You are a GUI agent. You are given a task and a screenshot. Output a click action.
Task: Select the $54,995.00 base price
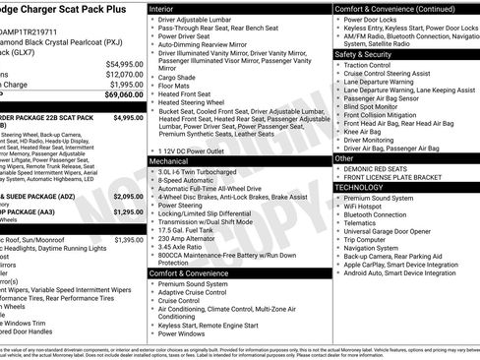(x=125, y=63)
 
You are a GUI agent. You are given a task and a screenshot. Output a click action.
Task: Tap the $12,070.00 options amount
(x=125, y=74)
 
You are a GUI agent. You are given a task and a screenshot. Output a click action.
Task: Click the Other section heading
(x=345, y=158)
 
